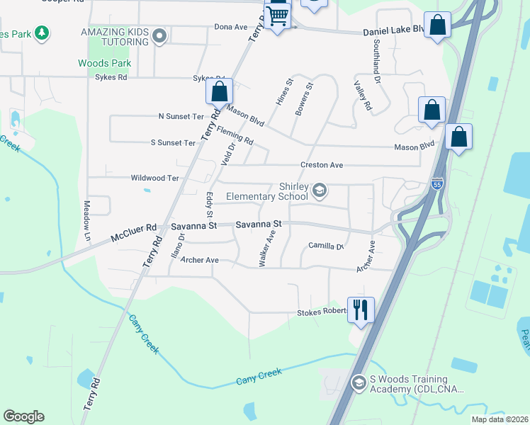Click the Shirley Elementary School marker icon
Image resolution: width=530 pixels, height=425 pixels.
(x=320, y=188)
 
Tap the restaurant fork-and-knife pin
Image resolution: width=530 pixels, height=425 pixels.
(x=361, y=310)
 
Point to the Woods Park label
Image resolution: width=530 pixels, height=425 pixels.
(x=105, y=63)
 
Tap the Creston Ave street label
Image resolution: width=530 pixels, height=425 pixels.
(x=322, y=165)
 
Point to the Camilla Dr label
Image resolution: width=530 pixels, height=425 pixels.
(x=326, y=246)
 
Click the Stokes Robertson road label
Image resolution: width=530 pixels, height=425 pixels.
(x=322, y=312)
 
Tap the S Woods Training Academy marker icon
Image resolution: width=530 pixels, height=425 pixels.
(x=359, y=383)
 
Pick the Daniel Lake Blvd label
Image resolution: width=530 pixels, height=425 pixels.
(x=393, y=32)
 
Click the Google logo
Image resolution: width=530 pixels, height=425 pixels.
(x=23, y=416)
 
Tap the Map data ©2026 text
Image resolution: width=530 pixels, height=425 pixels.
(x=500, y=419)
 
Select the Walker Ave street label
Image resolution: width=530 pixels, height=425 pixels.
(x=267, y=246)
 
